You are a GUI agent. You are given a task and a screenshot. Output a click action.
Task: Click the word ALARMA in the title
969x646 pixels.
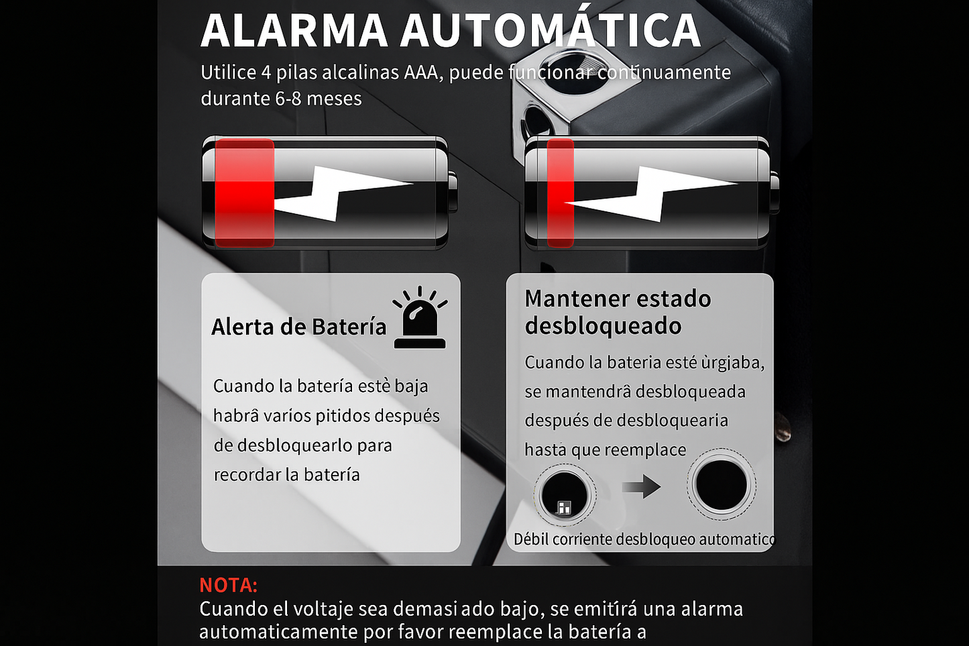294,31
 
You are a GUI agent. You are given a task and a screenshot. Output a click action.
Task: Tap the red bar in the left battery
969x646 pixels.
244,193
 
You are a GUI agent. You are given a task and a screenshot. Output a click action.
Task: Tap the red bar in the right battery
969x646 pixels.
560,193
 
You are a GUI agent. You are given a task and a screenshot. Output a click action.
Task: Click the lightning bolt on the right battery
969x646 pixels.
651,194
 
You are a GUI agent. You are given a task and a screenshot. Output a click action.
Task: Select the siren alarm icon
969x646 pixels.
420,317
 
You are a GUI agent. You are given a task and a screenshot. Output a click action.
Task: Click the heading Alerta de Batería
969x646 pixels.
298,327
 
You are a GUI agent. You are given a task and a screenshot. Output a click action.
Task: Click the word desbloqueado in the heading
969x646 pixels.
603,326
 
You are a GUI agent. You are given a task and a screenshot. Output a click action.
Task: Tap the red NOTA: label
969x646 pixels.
229,586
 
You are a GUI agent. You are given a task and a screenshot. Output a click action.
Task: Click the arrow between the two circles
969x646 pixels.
642,487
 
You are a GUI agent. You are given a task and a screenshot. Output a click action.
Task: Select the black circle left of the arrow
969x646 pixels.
565,494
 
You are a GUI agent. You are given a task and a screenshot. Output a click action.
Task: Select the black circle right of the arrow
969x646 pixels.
721,484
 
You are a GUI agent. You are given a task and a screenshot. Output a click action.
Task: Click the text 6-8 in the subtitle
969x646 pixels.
288,99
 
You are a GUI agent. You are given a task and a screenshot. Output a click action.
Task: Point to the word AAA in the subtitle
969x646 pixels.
421,72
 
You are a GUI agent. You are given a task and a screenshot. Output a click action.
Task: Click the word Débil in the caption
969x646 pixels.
531,539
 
